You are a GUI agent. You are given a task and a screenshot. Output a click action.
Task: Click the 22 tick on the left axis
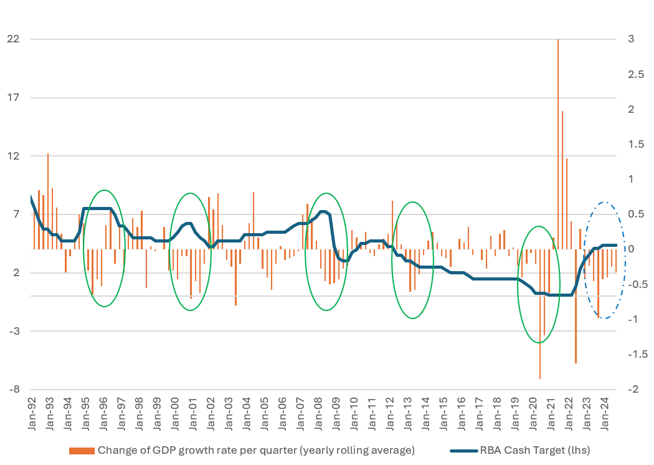(x=12, y=39)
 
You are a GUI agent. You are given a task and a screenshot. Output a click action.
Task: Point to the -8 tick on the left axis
(x=14, y=390)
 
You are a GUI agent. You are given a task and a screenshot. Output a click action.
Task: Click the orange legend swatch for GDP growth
(x=82, y=450)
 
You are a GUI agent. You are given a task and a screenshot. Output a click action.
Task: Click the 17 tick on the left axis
(x=12, y=98)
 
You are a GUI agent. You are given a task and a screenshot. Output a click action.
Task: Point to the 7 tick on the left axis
(x=15, y=214)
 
